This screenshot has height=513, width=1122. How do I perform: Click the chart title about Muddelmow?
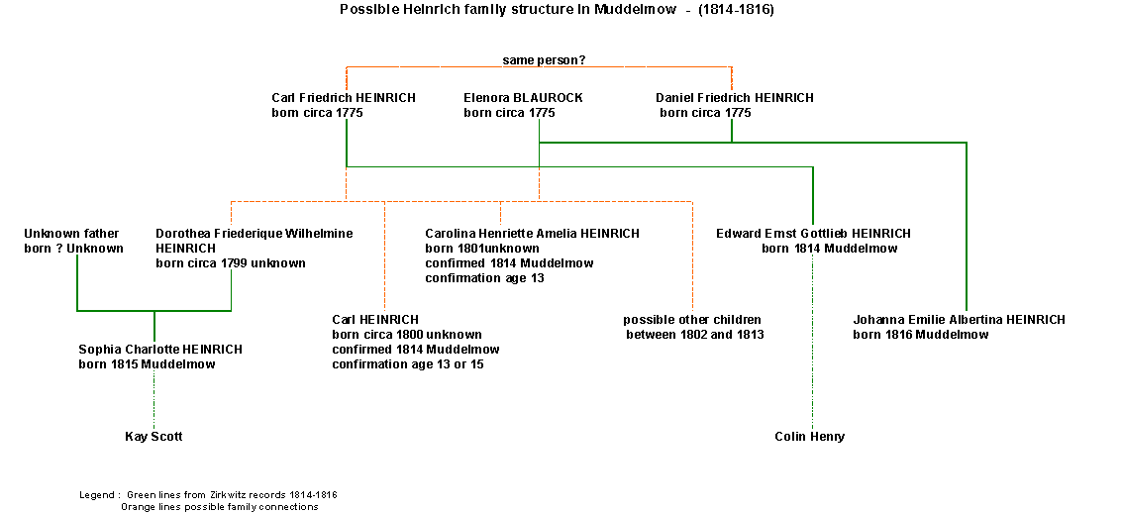click(557, 10)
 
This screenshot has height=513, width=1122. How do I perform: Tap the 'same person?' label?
click(544, 60)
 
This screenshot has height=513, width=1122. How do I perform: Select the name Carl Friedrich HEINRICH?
click(343, 98)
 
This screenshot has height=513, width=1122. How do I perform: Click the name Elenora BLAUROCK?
click(523, 98)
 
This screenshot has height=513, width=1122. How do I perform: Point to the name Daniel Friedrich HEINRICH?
click(734, 98)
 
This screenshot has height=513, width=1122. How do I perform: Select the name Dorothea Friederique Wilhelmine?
click(254, 234)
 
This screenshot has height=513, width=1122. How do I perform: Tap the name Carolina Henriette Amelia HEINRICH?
click(532, 234)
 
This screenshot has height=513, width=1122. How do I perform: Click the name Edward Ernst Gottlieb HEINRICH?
click(813, 234)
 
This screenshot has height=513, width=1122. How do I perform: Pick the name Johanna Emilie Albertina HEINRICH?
click(959, 320)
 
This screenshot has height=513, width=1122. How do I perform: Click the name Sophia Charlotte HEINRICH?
click(160, 350)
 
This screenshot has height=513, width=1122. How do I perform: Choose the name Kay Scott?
click(153, 437)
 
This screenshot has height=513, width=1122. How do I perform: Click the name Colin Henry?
click(809, 437)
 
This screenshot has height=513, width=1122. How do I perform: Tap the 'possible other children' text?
click(691, 320)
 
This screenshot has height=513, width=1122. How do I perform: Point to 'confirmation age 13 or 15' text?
click(408, 364)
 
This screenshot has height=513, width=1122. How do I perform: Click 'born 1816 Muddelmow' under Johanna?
click(920, 335)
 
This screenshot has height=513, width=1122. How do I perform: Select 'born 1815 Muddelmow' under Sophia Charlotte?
click(147, 364)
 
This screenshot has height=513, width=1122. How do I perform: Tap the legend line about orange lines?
click(219, 506)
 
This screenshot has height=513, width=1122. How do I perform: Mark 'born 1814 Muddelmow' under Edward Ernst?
click(829, 249)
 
